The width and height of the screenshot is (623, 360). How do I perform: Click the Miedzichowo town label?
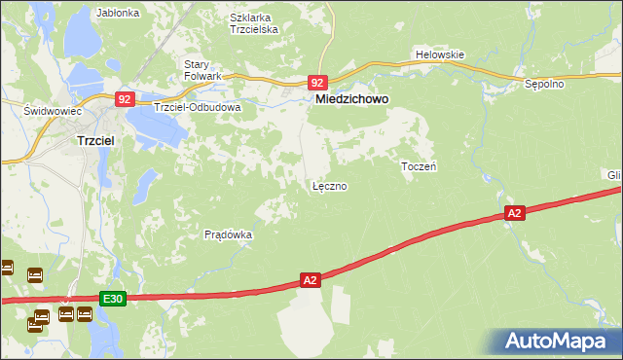351,98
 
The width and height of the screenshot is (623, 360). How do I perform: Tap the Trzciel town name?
97,140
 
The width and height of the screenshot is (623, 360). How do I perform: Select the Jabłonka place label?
119,14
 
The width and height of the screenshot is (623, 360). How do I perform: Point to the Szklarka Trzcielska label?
254,23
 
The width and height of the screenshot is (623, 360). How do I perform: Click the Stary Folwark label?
203,70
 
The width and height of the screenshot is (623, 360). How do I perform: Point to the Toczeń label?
418,167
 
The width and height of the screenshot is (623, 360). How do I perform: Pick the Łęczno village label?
329,185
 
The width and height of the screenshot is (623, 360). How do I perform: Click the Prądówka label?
229,234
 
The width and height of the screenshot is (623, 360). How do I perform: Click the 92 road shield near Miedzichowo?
317,84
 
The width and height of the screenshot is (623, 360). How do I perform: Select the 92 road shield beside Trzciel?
124,98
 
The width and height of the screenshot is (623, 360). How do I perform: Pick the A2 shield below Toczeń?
515,213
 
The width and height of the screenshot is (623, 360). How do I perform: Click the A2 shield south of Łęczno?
310,280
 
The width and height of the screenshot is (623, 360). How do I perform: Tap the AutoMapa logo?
555,342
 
